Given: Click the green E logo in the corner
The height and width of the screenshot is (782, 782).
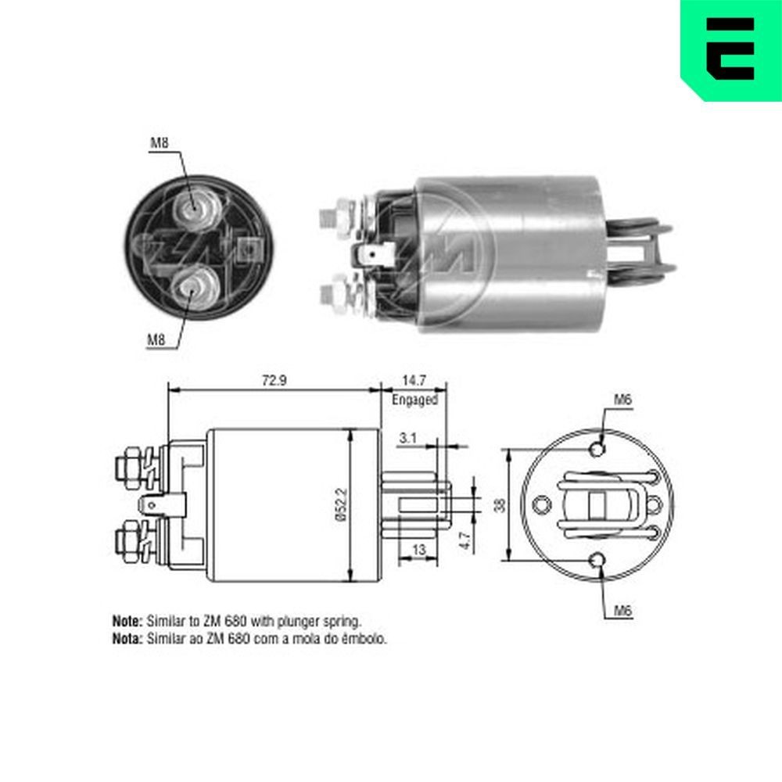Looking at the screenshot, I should click(730, 48).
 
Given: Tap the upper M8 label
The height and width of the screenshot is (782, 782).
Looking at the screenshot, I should click(159, 143).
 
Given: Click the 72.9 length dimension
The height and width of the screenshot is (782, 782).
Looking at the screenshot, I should click(272, 380).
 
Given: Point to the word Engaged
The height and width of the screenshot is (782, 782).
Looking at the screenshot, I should click(414, 400).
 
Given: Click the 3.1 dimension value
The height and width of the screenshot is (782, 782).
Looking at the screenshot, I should click(407, 439).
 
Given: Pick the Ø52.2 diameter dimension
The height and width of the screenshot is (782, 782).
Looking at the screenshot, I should click(340, 506).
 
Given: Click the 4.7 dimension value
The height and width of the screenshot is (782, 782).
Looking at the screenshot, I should click(465, 541).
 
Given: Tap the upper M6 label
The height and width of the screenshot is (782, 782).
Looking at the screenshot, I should click(622, 400).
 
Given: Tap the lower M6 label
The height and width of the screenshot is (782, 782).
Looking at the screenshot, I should click(622, 611).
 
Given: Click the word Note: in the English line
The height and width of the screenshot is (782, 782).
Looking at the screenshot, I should click(127, 622).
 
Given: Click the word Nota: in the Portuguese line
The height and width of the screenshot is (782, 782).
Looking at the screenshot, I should click(127, 638).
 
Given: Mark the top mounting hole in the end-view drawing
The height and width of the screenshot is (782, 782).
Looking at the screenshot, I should click(598, 450).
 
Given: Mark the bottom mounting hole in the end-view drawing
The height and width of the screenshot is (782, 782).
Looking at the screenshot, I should click(598, 560).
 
